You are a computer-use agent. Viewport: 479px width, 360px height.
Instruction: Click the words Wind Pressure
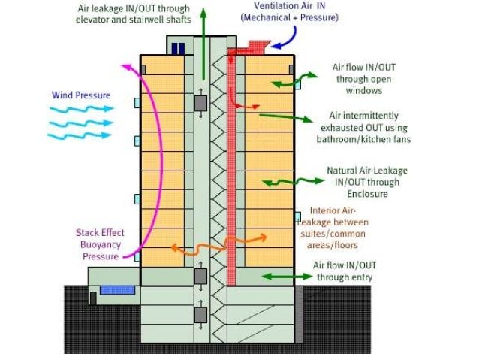point(81,95)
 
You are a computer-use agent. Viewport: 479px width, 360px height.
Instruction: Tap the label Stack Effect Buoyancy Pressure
point(98,244)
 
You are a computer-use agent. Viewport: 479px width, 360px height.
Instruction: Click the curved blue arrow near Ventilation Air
point(285,38)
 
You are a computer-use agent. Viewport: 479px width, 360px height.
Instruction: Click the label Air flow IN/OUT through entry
point(344,271)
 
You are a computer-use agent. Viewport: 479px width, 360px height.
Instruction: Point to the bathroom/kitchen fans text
point(365,139)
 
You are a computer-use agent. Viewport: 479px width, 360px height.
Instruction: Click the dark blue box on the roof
point(178,49)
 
